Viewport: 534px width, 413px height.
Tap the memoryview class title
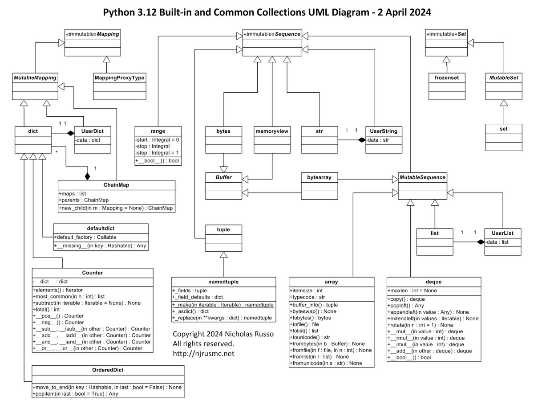tap(272, 131)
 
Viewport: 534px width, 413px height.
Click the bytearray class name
tap(318, 178)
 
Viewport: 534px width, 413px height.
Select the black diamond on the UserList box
tap(480, 241)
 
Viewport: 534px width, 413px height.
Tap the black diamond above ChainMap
tap(87, 176)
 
